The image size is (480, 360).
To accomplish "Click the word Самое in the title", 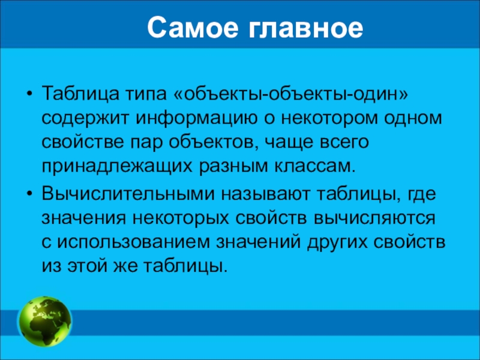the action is tap(193, 28).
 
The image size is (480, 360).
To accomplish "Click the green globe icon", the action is tap(46, 322).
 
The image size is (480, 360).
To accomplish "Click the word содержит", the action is tap(85, 119).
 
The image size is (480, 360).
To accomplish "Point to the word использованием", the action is tap(133, 243).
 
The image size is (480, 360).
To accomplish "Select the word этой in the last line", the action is tap(87, 266).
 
